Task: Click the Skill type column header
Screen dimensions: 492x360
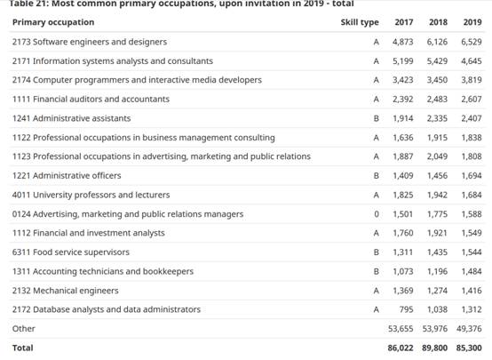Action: click(x=360, y=22)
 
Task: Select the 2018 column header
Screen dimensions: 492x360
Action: click(x=438, y=22)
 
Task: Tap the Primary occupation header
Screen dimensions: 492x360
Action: click(x=53, y=22)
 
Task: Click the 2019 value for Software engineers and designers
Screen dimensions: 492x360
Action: click(x=472, y=42)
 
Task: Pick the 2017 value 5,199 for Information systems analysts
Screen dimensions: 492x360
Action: click(x=403, y=61)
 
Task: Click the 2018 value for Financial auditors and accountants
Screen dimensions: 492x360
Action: click(x=437, y=100)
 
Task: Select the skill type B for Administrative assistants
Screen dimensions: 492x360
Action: click(x=377, y=118)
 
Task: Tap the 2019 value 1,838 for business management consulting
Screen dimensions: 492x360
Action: click(x=472, y=138)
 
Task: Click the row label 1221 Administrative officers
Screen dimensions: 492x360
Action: click(x=67, y=176)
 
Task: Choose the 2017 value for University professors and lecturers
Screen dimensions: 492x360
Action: click(x=403, y=195)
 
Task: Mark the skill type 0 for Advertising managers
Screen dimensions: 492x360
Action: click(x=377, y=214)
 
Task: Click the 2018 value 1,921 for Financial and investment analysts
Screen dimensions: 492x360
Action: click(x=438, y=233)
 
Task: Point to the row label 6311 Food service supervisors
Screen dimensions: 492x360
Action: click(x=70, y=252)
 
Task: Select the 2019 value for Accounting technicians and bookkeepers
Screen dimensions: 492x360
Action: click(x=472, y=271)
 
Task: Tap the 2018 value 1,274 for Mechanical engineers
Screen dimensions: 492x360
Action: click(x=438, y=291)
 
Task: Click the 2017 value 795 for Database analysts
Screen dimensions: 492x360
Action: click(x=406, y=309)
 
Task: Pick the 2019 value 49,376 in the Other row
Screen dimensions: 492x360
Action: click(x=469, y=329)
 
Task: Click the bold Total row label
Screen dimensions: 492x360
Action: click(x=22, y=348)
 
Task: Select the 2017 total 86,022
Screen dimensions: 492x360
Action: click(x=401, y=348)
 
